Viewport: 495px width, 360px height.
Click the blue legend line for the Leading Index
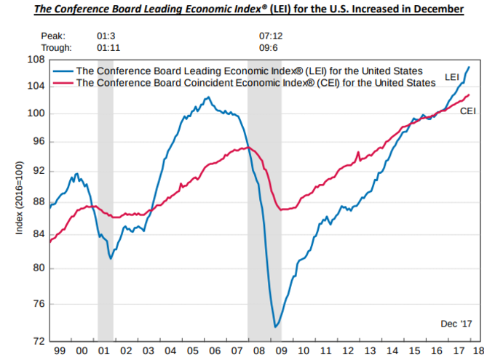63,71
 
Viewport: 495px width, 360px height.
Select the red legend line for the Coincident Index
63,83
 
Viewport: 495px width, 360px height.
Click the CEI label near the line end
467,111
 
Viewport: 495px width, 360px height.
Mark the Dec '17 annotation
456,322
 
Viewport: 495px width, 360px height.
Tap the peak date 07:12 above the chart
271,34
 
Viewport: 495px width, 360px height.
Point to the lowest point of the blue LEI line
275,327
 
